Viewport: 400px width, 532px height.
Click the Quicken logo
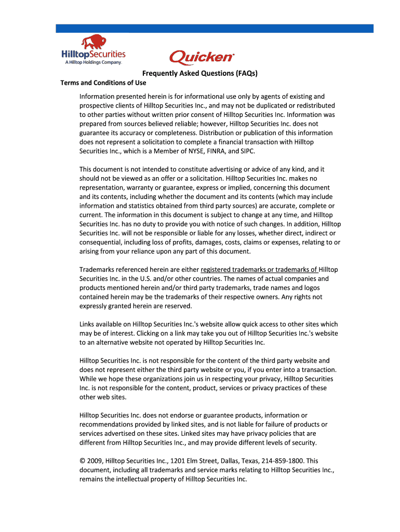pos(202,57)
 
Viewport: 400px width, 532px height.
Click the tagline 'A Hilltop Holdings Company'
pos(93,63)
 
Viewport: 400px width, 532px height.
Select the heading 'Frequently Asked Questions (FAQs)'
pos(201,73)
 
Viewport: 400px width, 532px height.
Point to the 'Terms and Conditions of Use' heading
pos(103,83)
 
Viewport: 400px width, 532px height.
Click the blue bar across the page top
pos(215,28)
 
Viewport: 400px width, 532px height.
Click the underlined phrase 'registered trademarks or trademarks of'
pos(259,270)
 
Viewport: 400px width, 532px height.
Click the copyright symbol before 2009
pos(82,461)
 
